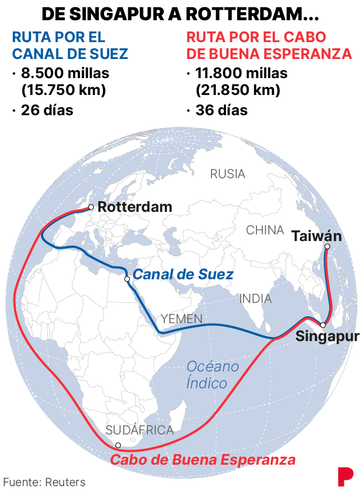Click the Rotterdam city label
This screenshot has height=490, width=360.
coord(135,207)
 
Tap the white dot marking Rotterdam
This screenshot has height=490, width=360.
coord(91,207)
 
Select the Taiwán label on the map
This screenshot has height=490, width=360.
coord(317,236)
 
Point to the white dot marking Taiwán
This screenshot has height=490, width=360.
coord(327,246)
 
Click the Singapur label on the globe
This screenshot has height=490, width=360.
coord(326,337)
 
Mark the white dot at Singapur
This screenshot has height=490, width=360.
coord(323,325)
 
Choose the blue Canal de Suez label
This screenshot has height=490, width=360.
coord(183,275)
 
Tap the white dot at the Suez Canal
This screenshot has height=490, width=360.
coord(127,279)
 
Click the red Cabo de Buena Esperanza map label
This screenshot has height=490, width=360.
coord(202,460)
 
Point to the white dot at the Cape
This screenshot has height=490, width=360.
coord(118,446)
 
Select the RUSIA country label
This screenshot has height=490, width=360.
coord(228,174)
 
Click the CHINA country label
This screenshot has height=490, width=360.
coord(265,230)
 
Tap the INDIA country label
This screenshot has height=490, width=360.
coord(255,299)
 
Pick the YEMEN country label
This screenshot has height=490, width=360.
coord(181,319)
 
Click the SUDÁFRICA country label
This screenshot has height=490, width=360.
coord(139,430)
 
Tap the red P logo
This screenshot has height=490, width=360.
coord(344,476)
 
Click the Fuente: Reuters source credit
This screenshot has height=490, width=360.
coord(44,482)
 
